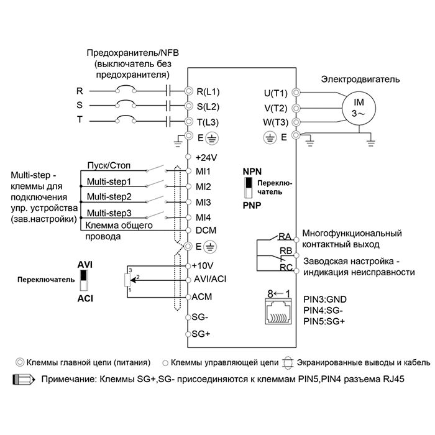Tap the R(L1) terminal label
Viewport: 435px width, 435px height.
click(208, 91)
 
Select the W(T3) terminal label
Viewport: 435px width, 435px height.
click(275, 122)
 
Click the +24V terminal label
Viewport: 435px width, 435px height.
click(206, 158)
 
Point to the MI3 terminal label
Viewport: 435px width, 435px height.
click(203, 202)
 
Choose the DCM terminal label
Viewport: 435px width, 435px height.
click(206, 231)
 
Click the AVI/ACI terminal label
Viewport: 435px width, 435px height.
click(210, 279)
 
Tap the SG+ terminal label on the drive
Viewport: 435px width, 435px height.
click(201, 334)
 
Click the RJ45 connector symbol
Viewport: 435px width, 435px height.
click(278, 311)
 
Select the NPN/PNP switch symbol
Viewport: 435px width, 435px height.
click(249, 188)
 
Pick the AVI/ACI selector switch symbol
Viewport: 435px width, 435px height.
click(83, 280)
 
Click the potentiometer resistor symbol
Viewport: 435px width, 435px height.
click(127, 280)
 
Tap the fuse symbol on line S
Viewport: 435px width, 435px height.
click(126, 104)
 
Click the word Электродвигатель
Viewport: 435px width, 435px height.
click(360, 80)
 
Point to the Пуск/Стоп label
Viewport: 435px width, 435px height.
click(109, 166)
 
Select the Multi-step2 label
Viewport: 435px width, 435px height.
click(109, 197)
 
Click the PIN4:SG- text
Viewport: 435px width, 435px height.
click(323, 311)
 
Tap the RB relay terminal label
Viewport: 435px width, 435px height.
click(286, 251)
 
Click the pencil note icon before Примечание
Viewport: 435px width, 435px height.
click(24, 380)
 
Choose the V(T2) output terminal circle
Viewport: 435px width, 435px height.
click(296, 108)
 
